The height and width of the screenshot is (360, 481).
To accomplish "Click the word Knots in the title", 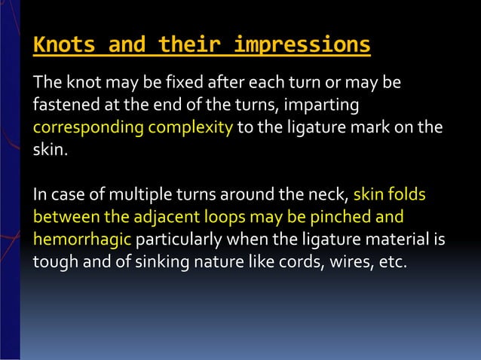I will tap(63, 46).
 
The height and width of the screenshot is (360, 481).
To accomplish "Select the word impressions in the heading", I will tap(302, 46).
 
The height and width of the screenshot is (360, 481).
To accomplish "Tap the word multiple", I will tap(135, 196).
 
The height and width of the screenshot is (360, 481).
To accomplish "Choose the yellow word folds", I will tap(407, 196).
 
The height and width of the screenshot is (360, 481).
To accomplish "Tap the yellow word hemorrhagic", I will tap(82, 239).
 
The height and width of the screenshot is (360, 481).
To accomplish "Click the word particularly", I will tap(178, 239).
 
